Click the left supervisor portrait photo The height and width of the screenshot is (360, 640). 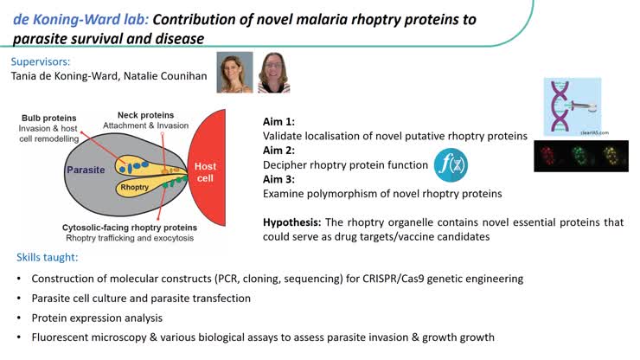pyautogui.click(x=235, y=73)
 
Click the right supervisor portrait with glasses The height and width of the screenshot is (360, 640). pyautogui.click(x=273, y=73)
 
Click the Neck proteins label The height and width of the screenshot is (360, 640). pyautogui.click(x=145, y=115)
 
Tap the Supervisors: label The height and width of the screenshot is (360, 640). pyautogui.click(x=42, y=61)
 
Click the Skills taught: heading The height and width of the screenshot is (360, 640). pyautogui.click(x=51, y=257)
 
